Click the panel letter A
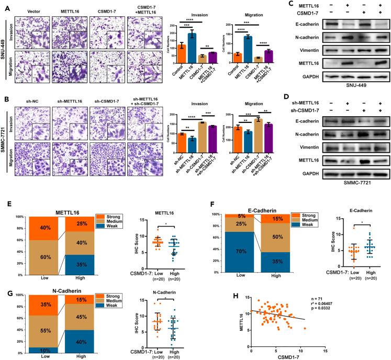tap(4, 5)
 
